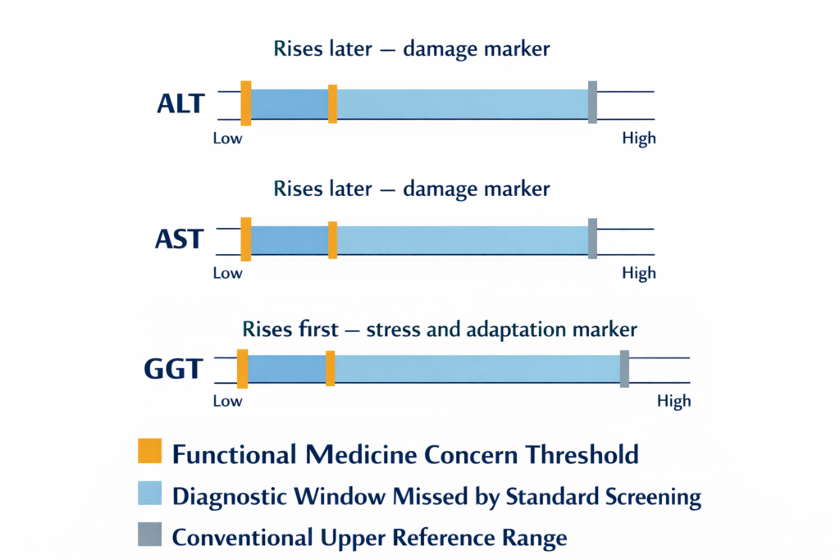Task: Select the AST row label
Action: (x=180, y=239)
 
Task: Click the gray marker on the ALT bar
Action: (x=592, y=102)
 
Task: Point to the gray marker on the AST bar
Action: (x=592, y=239)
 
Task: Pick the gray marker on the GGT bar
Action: (x=624, y=368)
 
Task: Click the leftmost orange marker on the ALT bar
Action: (x=245, y=102)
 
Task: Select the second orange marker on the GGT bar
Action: (x=330, y=368)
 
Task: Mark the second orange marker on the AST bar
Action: (x=332, y=239)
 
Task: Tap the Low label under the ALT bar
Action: (x=227, y=139)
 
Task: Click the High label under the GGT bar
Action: (x=673, y=401)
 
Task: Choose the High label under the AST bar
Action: (x=639, y=273)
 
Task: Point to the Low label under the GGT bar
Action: (x=227, y=401)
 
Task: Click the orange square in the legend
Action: (x=150, y=452)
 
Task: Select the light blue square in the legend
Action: (x=150, y=495)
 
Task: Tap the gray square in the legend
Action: (x=150, y=537)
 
